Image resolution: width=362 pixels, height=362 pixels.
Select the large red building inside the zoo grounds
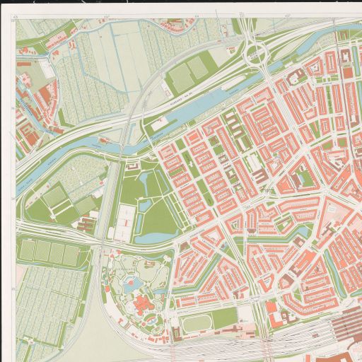pyautogui.click(x=142, y=306)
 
